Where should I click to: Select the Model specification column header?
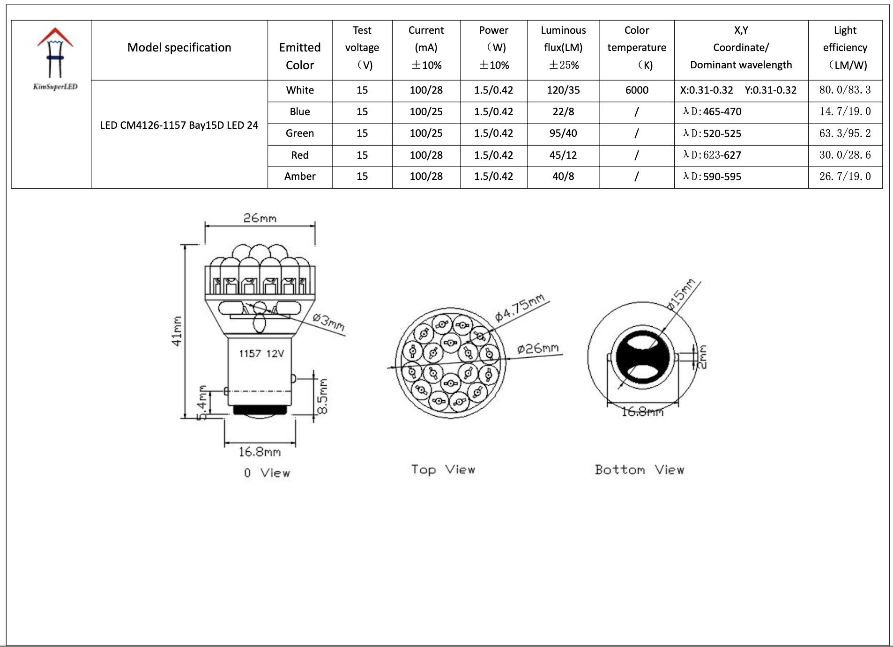tap(179, 48)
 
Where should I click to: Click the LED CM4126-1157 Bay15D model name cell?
tap(179, 125)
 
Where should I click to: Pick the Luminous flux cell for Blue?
tap(563, 112)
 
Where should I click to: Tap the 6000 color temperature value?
tap(636, 90)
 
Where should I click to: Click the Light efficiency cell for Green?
tap(844, 133)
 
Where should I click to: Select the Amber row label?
tap(300, 176)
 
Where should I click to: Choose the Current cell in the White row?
tap(426, 90)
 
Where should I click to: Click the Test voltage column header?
tap(362, 48)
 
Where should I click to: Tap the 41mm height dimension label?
tap(177, 331)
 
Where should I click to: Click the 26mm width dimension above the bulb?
tap(260, 218)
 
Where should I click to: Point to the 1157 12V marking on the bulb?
tap(261, 353)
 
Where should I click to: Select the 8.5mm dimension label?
tap(323, 396)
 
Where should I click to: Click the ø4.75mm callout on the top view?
tap(520, 308)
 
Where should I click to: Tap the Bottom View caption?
tap(639, 470)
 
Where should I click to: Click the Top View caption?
tap(443, 470)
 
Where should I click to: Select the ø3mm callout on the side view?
tap(329, 322)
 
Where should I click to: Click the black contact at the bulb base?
tap(260, 411)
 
